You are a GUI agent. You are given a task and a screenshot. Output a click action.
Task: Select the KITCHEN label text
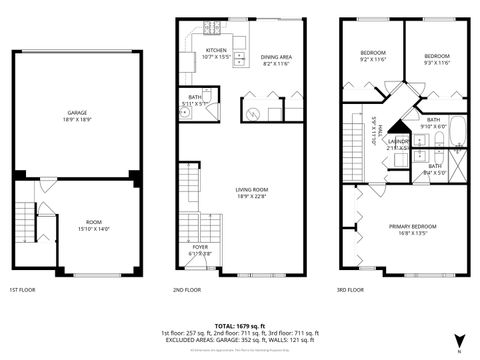click(x=217, y=50)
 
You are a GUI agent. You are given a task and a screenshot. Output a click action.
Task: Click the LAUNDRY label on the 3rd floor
click(x=398, y=143)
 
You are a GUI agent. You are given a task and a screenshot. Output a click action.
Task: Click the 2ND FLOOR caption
click(x=187, y=289)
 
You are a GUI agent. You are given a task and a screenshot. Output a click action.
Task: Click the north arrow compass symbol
click(x=458, y=338)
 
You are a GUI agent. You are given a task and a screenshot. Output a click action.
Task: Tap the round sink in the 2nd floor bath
click(x=185, y=113)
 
